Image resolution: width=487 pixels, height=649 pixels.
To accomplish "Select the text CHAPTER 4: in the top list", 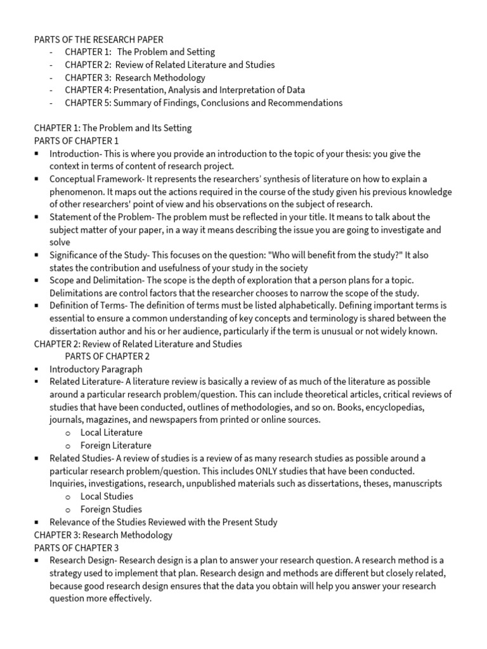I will [88, 90].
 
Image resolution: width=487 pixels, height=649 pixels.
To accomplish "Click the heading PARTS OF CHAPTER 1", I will [76, 141].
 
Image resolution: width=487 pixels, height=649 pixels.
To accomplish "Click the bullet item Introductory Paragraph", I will [96, 369].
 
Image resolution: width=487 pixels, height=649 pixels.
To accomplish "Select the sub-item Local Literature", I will [112, 432].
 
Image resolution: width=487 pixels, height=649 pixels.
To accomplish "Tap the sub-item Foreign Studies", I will [111, 509].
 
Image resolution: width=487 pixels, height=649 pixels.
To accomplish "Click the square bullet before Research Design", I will [37, 560].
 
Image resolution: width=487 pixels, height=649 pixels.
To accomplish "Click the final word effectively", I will [126, 598].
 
